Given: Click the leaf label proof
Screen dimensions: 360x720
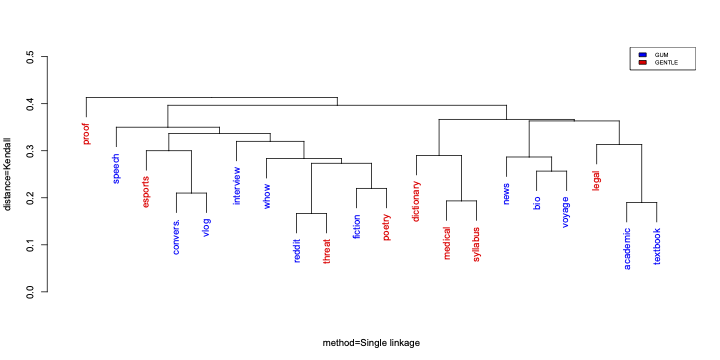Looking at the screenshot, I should (86, 134).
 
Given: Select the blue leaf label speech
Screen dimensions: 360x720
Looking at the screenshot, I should (116, 169).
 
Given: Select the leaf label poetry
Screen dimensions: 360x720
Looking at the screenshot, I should (386, 226).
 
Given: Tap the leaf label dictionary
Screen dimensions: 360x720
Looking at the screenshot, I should (416, 200).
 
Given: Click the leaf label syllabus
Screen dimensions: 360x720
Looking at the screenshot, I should (476, 244).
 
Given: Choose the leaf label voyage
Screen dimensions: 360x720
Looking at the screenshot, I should (566, 212).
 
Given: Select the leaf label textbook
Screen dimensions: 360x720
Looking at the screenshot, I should (657, 246).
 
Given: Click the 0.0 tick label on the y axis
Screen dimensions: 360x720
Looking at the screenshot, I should (30, 292).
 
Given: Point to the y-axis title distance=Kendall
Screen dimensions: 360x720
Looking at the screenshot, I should (9, 175).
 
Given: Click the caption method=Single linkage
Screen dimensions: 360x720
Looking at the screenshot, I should (371, 343).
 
